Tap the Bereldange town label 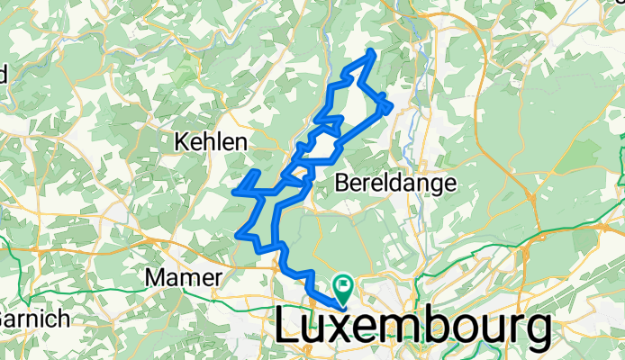pos(394,183)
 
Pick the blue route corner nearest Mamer pos(238,235)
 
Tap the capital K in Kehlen pos(180,142)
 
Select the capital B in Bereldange pos(340,183)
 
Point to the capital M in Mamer pos(155,277)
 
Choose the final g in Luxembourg pos(535,333)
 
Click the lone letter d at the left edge pos(4,74)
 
